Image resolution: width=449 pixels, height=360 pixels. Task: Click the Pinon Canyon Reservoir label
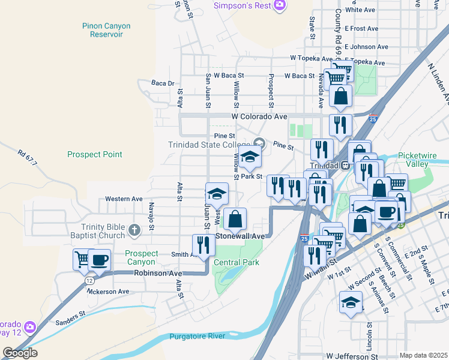tap(106, 30)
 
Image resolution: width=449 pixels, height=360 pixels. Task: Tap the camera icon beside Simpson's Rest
tap(279, 5)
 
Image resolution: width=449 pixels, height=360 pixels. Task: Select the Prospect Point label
tap(95, 154)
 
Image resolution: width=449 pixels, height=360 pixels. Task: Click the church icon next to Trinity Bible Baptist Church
tap(134, 229)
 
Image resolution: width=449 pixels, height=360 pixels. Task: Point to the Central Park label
tap(235, 262)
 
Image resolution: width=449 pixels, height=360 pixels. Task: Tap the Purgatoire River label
tap(197, 336)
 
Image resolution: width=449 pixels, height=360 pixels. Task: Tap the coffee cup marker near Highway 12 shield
tap(99, 260)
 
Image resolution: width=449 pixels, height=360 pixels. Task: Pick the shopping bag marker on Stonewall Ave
tap(235, 219)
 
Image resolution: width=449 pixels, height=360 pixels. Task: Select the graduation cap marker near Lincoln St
tap(351, 302)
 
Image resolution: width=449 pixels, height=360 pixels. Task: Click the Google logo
tap(20, 353)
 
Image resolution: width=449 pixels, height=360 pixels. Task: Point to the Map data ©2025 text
tap(423, 355)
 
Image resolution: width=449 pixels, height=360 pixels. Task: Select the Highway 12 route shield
tap(89, 280)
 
